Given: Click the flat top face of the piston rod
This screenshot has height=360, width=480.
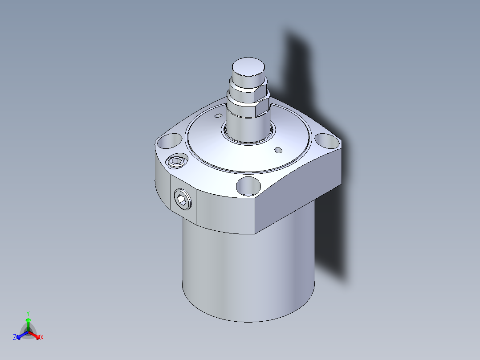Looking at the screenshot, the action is click(248, 66).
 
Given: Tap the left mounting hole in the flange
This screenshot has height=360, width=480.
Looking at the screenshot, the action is click(169, 141).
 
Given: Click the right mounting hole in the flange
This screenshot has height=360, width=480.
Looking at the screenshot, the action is click(328, 141).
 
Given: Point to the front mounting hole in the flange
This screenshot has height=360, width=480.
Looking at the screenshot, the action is click(248, 186).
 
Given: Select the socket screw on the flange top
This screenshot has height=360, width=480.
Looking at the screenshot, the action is click(177, 161).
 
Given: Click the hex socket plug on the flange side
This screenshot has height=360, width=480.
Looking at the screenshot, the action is click(183, 200).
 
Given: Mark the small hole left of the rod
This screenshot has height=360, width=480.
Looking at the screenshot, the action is click(218, 115).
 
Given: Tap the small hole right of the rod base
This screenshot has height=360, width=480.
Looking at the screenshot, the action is click(278, 150).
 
